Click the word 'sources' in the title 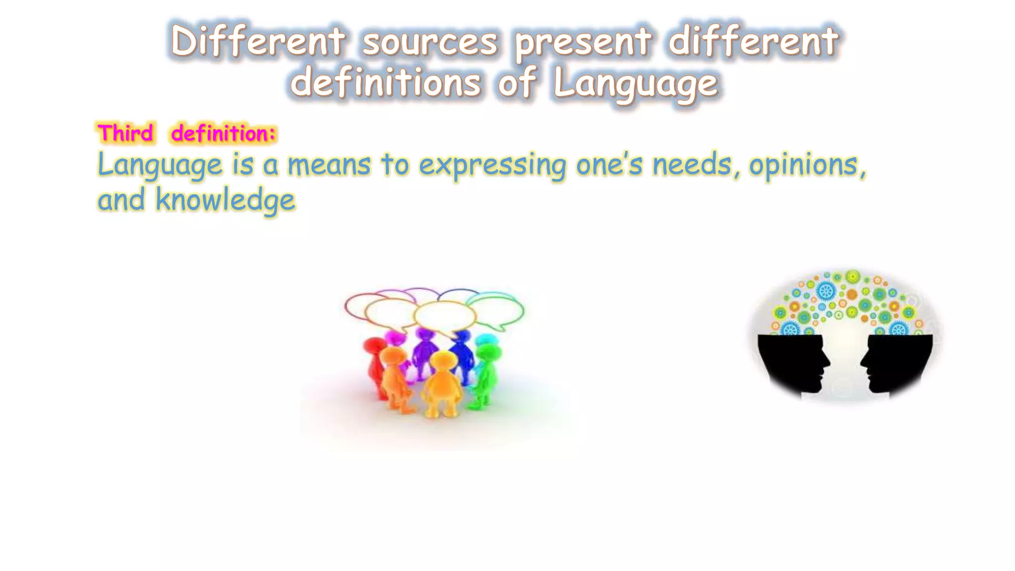click(x=430, y=42)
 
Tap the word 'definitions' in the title click(x=386, y=83)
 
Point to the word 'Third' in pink click(x=125, y=133)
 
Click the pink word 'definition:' click(x=223, y=134)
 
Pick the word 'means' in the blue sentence click(x=329, y=165)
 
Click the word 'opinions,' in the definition click(x=808, y=166)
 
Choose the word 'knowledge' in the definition click(x=226, y=201)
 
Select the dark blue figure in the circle click(x=462, y=354)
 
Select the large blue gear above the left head click(x=826, y=290)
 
